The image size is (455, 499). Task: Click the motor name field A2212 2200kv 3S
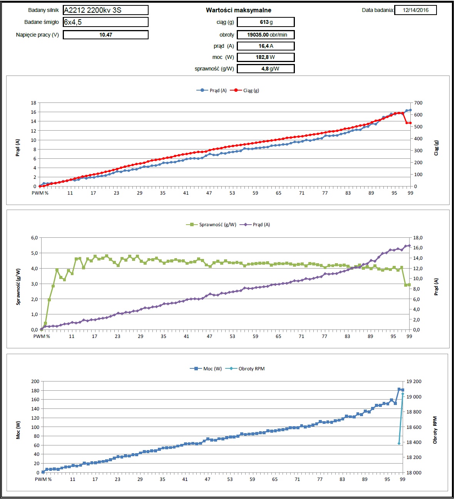click(x=105, y=10)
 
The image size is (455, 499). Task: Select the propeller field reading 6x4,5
click(x=105, y=22)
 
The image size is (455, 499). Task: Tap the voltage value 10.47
click(x=105, y=35)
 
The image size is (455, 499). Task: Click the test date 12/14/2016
click(x=415, y=10)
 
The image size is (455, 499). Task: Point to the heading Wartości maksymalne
click(x=238, y=10)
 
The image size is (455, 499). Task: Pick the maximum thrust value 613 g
click(x=266, y=22)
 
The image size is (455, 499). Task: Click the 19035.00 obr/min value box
click(x=266, y=35)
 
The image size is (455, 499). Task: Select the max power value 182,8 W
click(x=266, y=57)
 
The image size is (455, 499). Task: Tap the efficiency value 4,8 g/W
click(x=266, y=69)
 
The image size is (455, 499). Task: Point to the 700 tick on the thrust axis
click(x=418, y=103)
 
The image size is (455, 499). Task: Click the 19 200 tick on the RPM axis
click(x=414, y=381)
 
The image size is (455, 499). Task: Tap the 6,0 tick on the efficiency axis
click(x=35, y=238)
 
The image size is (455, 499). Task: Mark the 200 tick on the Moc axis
click(x=35, y=381)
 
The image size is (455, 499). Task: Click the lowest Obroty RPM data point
click(x=399, y=444)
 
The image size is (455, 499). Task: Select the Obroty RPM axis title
click(x=435, y=430)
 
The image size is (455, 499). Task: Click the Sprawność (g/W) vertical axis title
click(x=18, y=287)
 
